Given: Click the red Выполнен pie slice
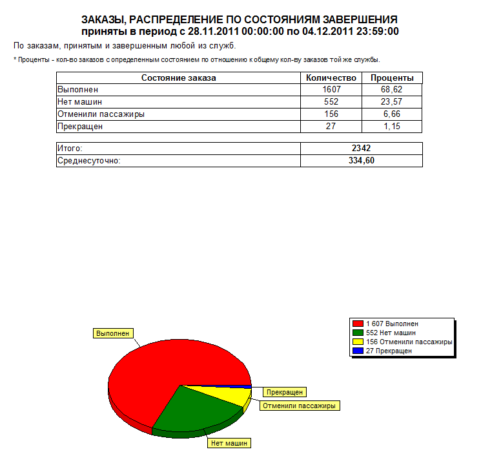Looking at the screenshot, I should [x=161, y=368].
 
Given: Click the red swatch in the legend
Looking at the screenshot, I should [x=357, y=324].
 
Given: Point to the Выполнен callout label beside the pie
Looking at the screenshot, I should [x=113, y=333].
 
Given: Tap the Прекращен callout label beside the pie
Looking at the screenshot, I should [x=284, y=392].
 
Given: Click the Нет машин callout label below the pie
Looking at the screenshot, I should [x=229, y=443].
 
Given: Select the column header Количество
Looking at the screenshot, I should [x=331, y=78].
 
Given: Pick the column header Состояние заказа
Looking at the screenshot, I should [x=179, y=78].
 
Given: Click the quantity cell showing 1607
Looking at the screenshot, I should [x=331, y=90].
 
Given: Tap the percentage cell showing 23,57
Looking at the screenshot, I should [x=392, y=102].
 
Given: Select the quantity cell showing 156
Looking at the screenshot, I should [x=331, y=114].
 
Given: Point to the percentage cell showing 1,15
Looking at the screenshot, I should [x=392, y=127].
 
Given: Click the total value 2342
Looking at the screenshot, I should [x=362, y=149].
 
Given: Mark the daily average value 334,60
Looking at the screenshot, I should [x=362, y=161].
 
